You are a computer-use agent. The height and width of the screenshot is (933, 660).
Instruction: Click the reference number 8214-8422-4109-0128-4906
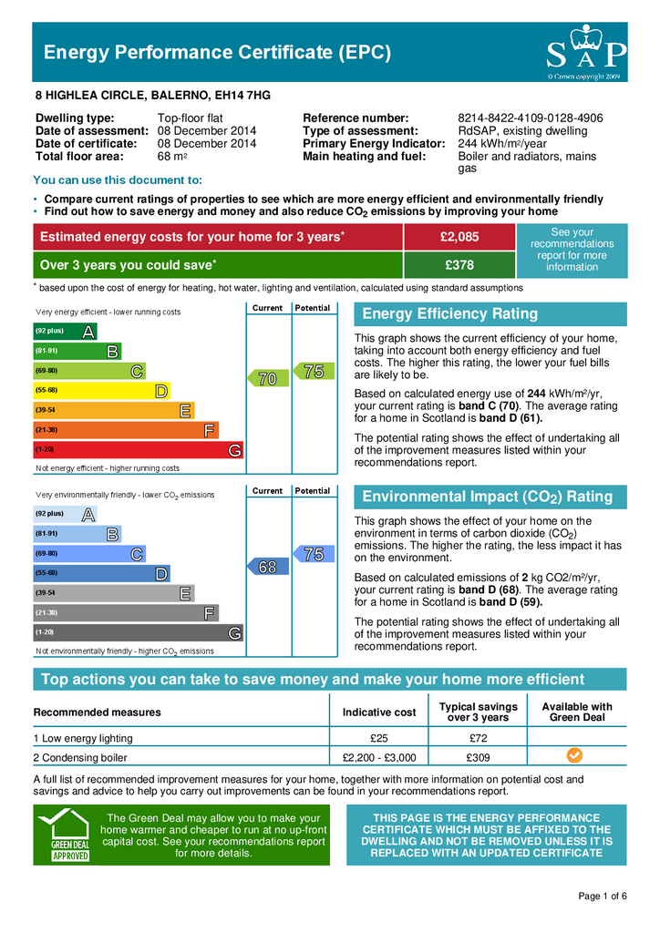coord(530,118)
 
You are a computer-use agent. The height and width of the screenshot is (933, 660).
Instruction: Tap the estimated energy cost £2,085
coord(459,237)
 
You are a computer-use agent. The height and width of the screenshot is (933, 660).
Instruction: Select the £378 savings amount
coord(459,265)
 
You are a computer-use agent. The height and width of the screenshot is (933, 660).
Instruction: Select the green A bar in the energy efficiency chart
coord(65,331)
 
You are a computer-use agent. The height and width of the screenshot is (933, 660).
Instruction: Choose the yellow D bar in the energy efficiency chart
coord(101,390)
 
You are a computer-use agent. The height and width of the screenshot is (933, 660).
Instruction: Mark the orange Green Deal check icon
coord(574,755)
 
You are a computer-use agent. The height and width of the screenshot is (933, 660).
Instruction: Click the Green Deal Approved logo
coord(64,836)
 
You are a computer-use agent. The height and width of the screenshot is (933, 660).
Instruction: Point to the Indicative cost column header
coord(379,713)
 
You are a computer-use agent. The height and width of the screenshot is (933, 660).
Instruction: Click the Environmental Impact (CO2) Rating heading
coord(488,497)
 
